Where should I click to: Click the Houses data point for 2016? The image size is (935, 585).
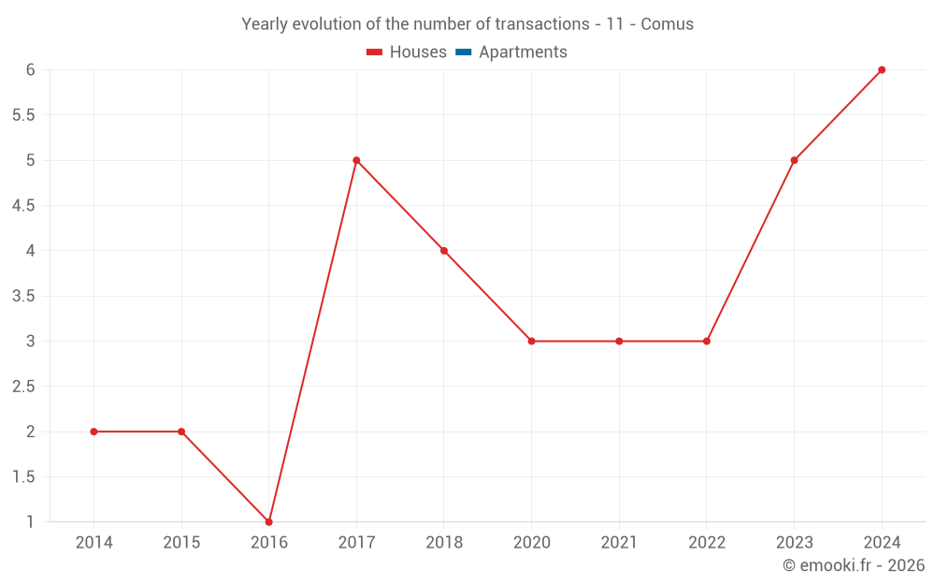click(269, 521)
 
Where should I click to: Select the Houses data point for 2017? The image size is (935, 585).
click(356, 160)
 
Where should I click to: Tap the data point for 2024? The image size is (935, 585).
click(882, 70)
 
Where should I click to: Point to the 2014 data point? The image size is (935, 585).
click(94, 431)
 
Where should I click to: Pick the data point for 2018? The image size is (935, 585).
click(444, 251)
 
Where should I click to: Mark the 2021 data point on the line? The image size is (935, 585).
click(619, 341)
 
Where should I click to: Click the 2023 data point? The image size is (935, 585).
click(794, 160)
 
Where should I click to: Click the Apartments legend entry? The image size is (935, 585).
click(523, 52)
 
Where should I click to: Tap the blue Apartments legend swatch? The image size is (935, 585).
click(463, 52)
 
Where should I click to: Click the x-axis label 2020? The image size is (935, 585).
click(531, 542)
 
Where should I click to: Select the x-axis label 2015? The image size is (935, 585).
click(181, 542)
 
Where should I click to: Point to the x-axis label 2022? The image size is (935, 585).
click(706, 542)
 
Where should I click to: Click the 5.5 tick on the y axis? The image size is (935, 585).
click(23, 115)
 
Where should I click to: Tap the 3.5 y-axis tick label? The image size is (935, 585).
click(23, 296)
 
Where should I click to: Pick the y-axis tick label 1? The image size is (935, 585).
click(31, 521)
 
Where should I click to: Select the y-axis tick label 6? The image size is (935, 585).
click(31, 70)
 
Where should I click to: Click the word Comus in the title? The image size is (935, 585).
click(667, 24)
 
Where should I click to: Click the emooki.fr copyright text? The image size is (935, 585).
click(854, 565)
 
